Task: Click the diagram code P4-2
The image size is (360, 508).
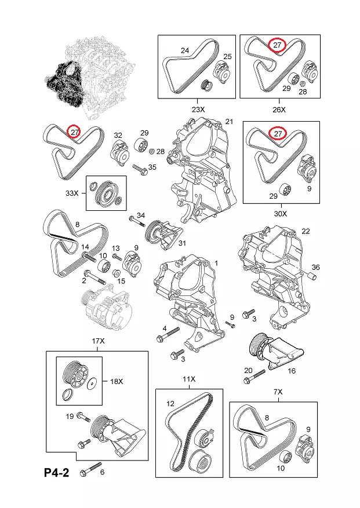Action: (56, 473)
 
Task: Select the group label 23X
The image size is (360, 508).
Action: (198, 109)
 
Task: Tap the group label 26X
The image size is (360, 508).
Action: (279, 109)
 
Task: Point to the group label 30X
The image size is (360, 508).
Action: (281, 213)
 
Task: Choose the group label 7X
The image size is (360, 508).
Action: (278, 392)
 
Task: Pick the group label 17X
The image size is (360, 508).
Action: (99, 342)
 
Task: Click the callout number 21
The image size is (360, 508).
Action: (228, 122)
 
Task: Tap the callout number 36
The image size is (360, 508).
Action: (315, 267)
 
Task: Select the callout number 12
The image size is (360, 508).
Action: (170, 404)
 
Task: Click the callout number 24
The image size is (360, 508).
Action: (185, 51)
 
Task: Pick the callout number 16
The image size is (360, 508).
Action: (291, 370)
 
